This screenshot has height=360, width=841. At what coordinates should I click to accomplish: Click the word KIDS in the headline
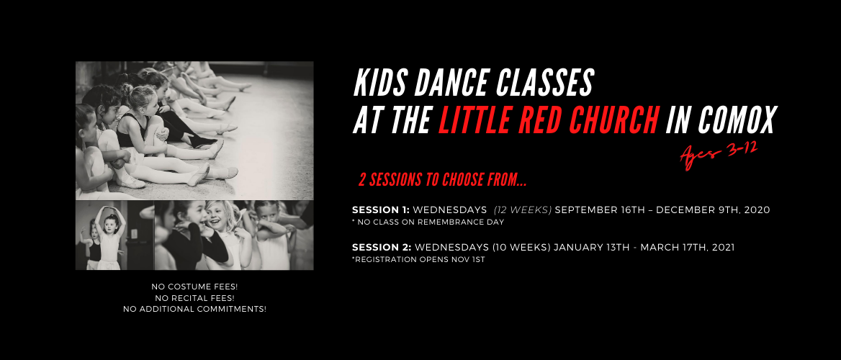374,84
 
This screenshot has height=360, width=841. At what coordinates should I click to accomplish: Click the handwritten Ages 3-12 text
719,155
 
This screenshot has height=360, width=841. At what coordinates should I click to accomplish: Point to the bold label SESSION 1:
381,210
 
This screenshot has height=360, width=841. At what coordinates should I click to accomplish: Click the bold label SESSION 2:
382,248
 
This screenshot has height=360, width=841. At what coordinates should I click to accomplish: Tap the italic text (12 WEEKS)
523,210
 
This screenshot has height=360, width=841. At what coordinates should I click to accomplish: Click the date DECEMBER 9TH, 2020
713,210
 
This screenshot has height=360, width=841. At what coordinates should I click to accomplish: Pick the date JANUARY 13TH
590,248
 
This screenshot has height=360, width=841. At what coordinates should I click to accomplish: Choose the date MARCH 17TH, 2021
688,248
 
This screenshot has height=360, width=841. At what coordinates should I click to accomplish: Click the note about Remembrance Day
428,222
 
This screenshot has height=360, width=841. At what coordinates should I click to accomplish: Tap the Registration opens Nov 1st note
418,260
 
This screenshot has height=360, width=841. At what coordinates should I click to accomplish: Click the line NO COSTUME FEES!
194,287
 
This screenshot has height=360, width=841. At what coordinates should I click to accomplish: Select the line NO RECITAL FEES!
194,298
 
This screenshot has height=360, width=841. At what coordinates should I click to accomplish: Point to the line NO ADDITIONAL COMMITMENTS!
194,309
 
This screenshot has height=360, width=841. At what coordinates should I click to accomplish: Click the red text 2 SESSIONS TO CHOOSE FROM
443,181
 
